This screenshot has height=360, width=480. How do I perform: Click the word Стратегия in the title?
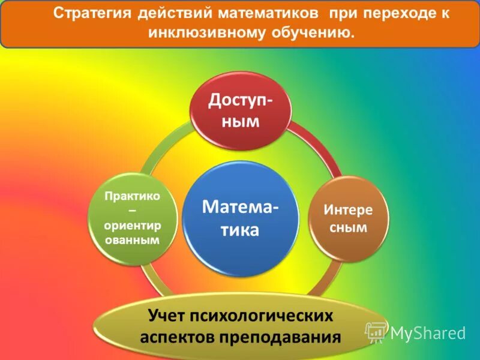[x=90, y=14]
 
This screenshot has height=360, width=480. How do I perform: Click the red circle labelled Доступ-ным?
[x=241, y=111]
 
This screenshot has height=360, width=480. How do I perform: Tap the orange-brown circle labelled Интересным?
[x=349, y=219]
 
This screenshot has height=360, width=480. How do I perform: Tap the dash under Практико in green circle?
[x=132, y=211]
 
